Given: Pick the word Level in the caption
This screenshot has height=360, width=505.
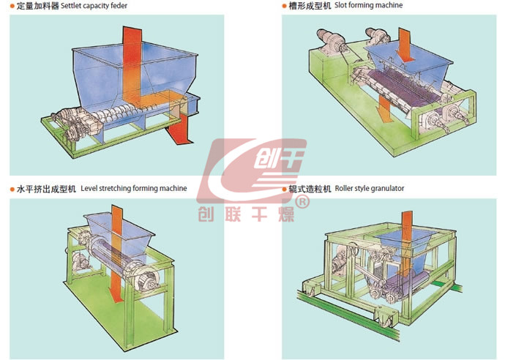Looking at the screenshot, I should click(x=90, y=189).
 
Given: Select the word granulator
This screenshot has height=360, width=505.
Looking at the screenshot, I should click(x=388, y=189).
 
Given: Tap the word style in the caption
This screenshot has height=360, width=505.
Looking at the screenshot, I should click(x=365, y=189).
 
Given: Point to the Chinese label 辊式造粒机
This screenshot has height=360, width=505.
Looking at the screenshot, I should click(x=311, y=189).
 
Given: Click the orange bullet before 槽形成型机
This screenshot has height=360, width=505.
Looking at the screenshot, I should click(x=285, y=6).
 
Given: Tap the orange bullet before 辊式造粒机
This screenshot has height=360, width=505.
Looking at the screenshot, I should click(x=285, y=189).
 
